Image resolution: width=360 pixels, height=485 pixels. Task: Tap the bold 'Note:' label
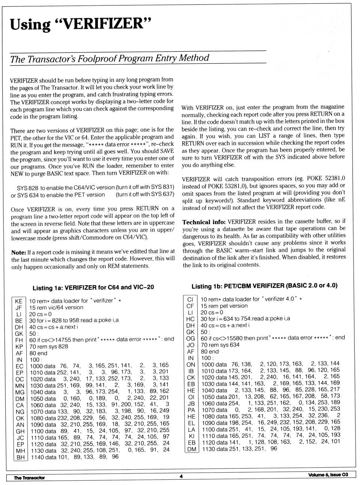pos(18,252)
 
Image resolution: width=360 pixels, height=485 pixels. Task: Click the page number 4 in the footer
pos(181,476)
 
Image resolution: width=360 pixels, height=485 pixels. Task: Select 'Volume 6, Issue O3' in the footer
pos(328,475)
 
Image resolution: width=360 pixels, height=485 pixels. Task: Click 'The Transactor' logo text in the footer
pos(29,478)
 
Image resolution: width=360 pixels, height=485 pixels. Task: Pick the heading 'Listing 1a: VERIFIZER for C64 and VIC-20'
pos(93,287)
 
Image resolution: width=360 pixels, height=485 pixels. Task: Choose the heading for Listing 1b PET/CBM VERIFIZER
pos(264,286)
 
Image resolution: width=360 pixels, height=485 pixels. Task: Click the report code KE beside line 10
pos(19,301)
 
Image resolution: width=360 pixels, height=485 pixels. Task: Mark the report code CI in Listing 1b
pos(190,299)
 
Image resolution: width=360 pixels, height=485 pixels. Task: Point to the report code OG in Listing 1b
pos(190,338)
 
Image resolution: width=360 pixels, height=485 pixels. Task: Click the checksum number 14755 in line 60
pos(63,340)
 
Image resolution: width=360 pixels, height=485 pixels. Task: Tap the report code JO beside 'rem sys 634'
pos(190,345)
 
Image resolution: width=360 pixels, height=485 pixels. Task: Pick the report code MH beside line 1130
pos(20,451)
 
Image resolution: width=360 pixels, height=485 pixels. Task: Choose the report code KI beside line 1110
pos(191,436)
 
